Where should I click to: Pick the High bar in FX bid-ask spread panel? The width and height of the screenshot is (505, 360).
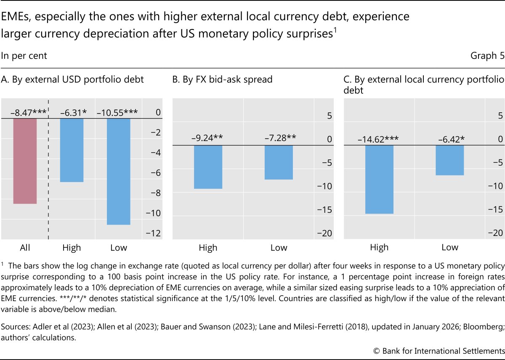coord(208,167)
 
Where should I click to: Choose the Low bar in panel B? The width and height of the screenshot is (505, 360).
coord(279,162)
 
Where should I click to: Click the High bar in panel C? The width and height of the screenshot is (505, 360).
coord(379,180)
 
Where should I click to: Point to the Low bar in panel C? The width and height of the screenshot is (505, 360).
coord(449,160)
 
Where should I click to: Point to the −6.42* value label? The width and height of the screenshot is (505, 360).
coord(449,139)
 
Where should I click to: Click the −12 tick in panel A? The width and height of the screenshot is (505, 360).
coord(155,233)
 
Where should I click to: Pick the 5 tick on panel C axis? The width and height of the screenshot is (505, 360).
coord(497,104)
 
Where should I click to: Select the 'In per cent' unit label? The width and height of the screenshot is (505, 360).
coord(24,56)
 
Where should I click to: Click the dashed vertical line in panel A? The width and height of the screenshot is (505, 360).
coord(48,168)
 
